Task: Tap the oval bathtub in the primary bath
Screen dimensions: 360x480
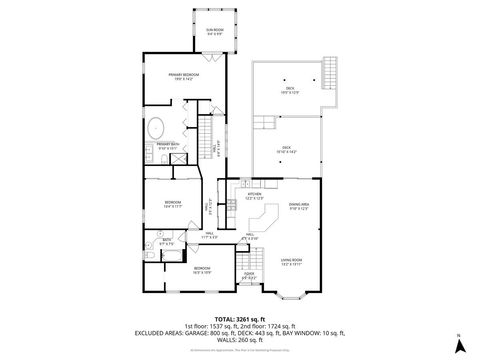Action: click(159, 128)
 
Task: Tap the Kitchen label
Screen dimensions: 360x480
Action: click(255, 198)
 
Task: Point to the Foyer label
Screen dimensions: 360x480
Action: click(248, 276)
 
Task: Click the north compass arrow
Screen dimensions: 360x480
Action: click(459, 345)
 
